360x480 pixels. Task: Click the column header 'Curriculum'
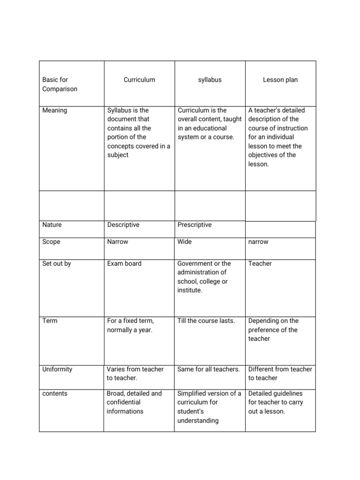click(139, 80)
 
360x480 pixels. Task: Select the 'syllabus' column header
click(210, 80)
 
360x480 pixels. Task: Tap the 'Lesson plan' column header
click(280, 80)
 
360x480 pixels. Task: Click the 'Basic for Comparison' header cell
click(60, 84)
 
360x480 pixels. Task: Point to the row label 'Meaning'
click(55, 110)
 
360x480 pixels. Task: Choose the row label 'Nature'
click(52, 225)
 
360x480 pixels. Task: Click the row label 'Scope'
click(52, 242)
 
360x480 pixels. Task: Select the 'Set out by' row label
click(57, 263)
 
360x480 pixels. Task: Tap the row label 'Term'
click(50, 321)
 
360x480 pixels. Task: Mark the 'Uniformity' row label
click(57, 369)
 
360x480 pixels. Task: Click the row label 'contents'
click(55, 393)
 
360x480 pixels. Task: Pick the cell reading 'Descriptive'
click(123, 225)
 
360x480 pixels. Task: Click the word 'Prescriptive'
click(195, 225)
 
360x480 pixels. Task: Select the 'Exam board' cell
click(124, 263)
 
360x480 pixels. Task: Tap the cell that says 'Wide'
click(185, 242)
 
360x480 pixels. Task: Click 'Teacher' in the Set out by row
click(260, 263)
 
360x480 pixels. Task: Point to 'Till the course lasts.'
click(206, 321)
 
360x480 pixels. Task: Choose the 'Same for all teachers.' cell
click(209, 369)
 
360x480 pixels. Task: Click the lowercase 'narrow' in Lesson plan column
click(258, 242)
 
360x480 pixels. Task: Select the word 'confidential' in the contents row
click(124, 402)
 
